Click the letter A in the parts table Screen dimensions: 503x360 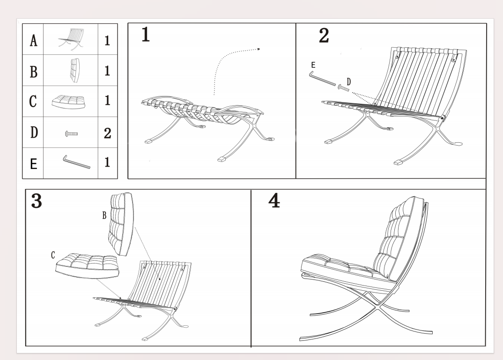pyautogui.click(x=33, y=41)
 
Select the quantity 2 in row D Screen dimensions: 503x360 pyautogui.click(x=107, y=133)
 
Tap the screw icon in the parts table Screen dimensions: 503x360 pyautogui.click(x=71, y=133)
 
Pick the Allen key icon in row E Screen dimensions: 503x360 pyautogui.click(x=76, y=162)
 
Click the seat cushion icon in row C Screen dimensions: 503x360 pyautogui.click(x=68, y=102)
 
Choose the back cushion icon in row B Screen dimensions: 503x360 pyautogui.click(x=75, y=70)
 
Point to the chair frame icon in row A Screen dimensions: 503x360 pyautogui.click(x=71, y=39)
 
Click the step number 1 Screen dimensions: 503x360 pyautogui.click(x=146, y=34)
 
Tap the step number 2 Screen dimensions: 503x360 pyautogui.click(x=324, y=36)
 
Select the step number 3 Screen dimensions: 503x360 pyautogui.click(x=37, y=201)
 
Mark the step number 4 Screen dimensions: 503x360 pyautogui.click(x=274, y=201)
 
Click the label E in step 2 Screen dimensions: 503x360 pyautogui.click(x=313, y=65)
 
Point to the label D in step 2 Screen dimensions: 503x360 pyautogui.click(x=349, y=82)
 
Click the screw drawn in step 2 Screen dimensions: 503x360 pyautogui.click(x=343, y=88)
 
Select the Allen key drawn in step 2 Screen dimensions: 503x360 pyautogui.click(x=322, y=79)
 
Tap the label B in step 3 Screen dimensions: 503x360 pyautogui.click(x=104, y=215)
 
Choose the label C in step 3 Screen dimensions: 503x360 pyautogui.click(x=53, y=255)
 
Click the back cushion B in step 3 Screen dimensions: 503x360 pyautogui.click(x=121, y=224)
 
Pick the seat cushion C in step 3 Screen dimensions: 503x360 pyautogui.click(x=87, y=266)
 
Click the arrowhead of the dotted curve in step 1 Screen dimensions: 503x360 pyautogui.click(x=258, y=49)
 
